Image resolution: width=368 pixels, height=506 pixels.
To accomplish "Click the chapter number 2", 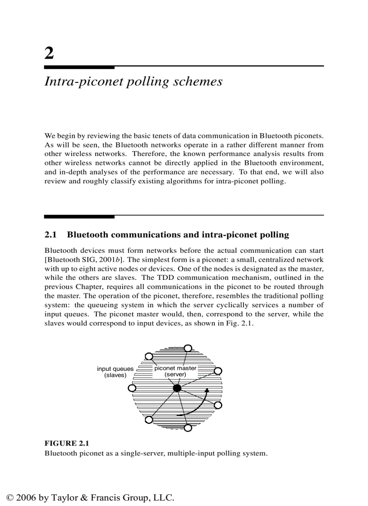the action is (49, 53).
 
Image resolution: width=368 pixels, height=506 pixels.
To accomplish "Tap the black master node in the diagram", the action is (177, 388).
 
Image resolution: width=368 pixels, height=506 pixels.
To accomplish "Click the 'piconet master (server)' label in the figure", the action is (175, 371).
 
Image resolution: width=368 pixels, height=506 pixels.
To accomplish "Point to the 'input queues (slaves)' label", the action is (115, 372).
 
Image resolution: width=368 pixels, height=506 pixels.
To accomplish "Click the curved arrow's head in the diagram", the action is (207, 390).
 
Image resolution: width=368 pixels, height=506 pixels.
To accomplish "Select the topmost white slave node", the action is (188, 348).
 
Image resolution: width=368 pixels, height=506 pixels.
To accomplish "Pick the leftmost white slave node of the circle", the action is (132, 388).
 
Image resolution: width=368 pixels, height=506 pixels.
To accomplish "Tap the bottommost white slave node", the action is (188, 428).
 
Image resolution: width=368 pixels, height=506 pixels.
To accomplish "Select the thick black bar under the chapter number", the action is (79, 67).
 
